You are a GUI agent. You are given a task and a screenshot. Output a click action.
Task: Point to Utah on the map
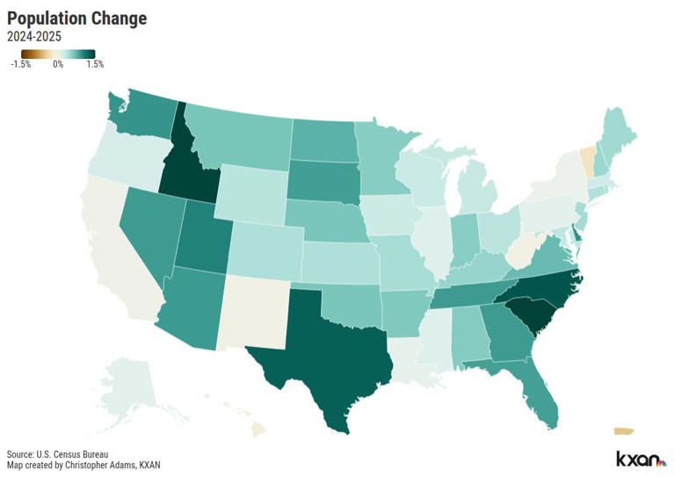pos(206,235)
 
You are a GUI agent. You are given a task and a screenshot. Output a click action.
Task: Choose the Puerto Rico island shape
pos(622,430)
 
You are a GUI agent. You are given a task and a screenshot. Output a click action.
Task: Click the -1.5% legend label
pos(21,64)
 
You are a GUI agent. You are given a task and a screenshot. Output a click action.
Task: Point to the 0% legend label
pos(57,64)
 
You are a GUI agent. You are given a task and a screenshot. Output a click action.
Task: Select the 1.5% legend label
pos(94,64)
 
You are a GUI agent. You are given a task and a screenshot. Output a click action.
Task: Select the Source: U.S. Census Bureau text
pos(58,453)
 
